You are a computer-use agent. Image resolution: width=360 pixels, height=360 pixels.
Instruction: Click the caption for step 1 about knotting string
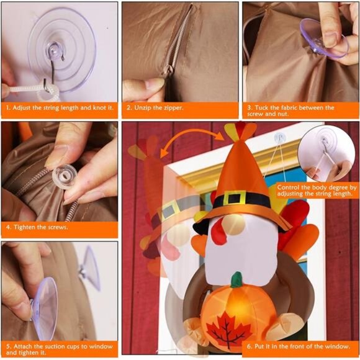(x=59, y=107)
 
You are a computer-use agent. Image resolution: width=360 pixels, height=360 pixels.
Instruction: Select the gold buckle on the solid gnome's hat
(x=235, y=199)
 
